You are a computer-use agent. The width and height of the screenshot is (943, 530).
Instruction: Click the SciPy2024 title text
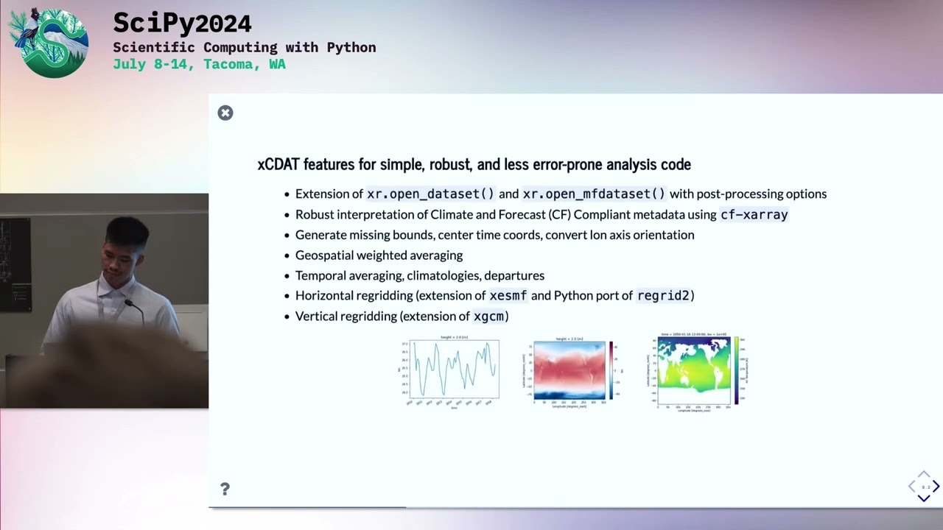(x=182, y=24)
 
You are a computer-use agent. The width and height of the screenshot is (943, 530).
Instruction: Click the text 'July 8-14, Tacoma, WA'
(x=199, y=64)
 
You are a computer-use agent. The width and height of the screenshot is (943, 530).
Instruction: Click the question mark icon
(x=225, y=490)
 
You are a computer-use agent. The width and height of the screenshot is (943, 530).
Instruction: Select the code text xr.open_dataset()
(x=431, y=194)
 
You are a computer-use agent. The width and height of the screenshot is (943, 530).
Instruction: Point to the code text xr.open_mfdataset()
(x=594, y=194)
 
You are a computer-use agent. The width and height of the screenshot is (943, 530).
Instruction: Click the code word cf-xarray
(x=754, y=215)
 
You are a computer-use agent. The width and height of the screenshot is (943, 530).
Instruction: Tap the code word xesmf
(x=508, y=296)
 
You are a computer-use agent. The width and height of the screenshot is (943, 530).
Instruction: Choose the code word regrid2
(x=663, y=296)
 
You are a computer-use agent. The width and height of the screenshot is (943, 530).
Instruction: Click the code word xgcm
(x=489, y=317)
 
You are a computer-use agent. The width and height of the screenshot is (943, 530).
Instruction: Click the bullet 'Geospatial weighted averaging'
(x=379, y=255)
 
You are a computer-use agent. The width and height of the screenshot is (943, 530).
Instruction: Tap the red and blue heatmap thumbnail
(x=569, y=370)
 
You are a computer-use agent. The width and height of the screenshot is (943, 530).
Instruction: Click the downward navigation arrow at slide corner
(x=924, y=498)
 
